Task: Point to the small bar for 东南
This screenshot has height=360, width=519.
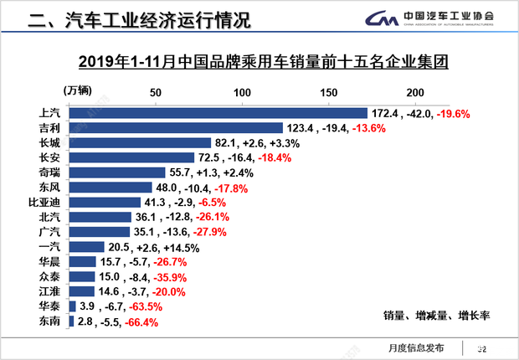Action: [71, 321]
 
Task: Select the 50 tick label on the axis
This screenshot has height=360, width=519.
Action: [155, 92]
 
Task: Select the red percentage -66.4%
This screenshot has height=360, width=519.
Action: [141, 322]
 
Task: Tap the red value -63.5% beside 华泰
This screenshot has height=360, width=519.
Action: [144, 307]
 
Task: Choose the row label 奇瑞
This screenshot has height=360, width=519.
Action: [49, 172]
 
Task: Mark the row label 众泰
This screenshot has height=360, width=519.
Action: [49, 276]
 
